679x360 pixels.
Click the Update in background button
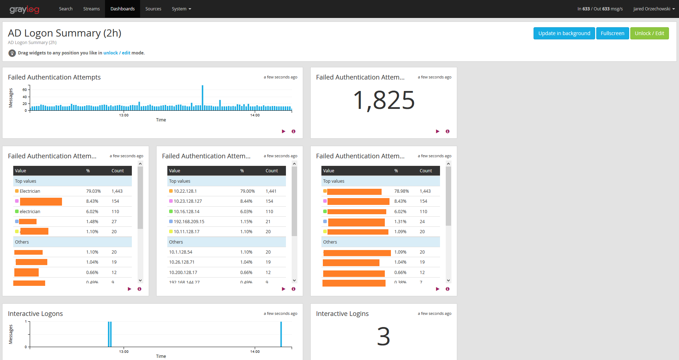coord(564,33)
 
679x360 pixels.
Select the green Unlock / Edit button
coord(649,33)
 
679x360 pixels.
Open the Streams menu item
coord(91,9)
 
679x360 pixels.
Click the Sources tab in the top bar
coord(153,9)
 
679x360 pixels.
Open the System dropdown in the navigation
coord(181,9)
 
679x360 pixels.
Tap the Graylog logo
coord(24,9)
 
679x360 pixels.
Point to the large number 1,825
coord(383,100)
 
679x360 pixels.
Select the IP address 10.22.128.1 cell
coord(185,191)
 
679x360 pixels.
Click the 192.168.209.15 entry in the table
coord(189,222)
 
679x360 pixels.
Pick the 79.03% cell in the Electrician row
coord(93,191)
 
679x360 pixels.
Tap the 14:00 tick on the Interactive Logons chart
coord(255,351)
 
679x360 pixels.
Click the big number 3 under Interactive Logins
coord(383,337)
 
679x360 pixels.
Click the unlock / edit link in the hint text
coord(117,53)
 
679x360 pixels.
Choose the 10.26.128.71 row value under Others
coord(182,262)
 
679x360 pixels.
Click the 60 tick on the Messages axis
coord(25,90)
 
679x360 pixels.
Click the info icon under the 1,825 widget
coord(448,131)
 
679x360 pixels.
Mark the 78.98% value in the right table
coord(401,191)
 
